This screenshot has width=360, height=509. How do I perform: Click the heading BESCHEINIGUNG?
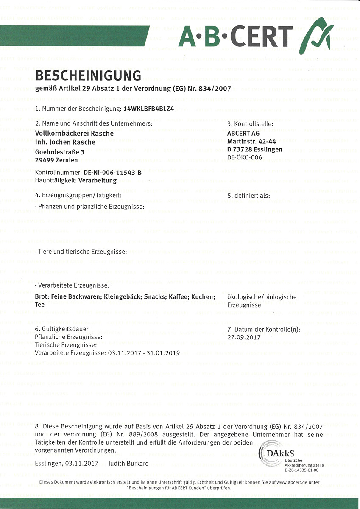click(88, 76)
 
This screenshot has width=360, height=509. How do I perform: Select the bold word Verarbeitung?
click(98, 180)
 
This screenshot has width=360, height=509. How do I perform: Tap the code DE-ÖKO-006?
click(245, 157)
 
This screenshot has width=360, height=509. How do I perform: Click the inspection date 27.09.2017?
click(244, 337)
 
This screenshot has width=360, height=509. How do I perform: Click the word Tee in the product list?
click(39, 305)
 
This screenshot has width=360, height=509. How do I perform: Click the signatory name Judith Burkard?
click(128, 463)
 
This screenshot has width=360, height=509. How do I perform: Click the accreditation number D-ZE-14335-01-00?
click(301, 470)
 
